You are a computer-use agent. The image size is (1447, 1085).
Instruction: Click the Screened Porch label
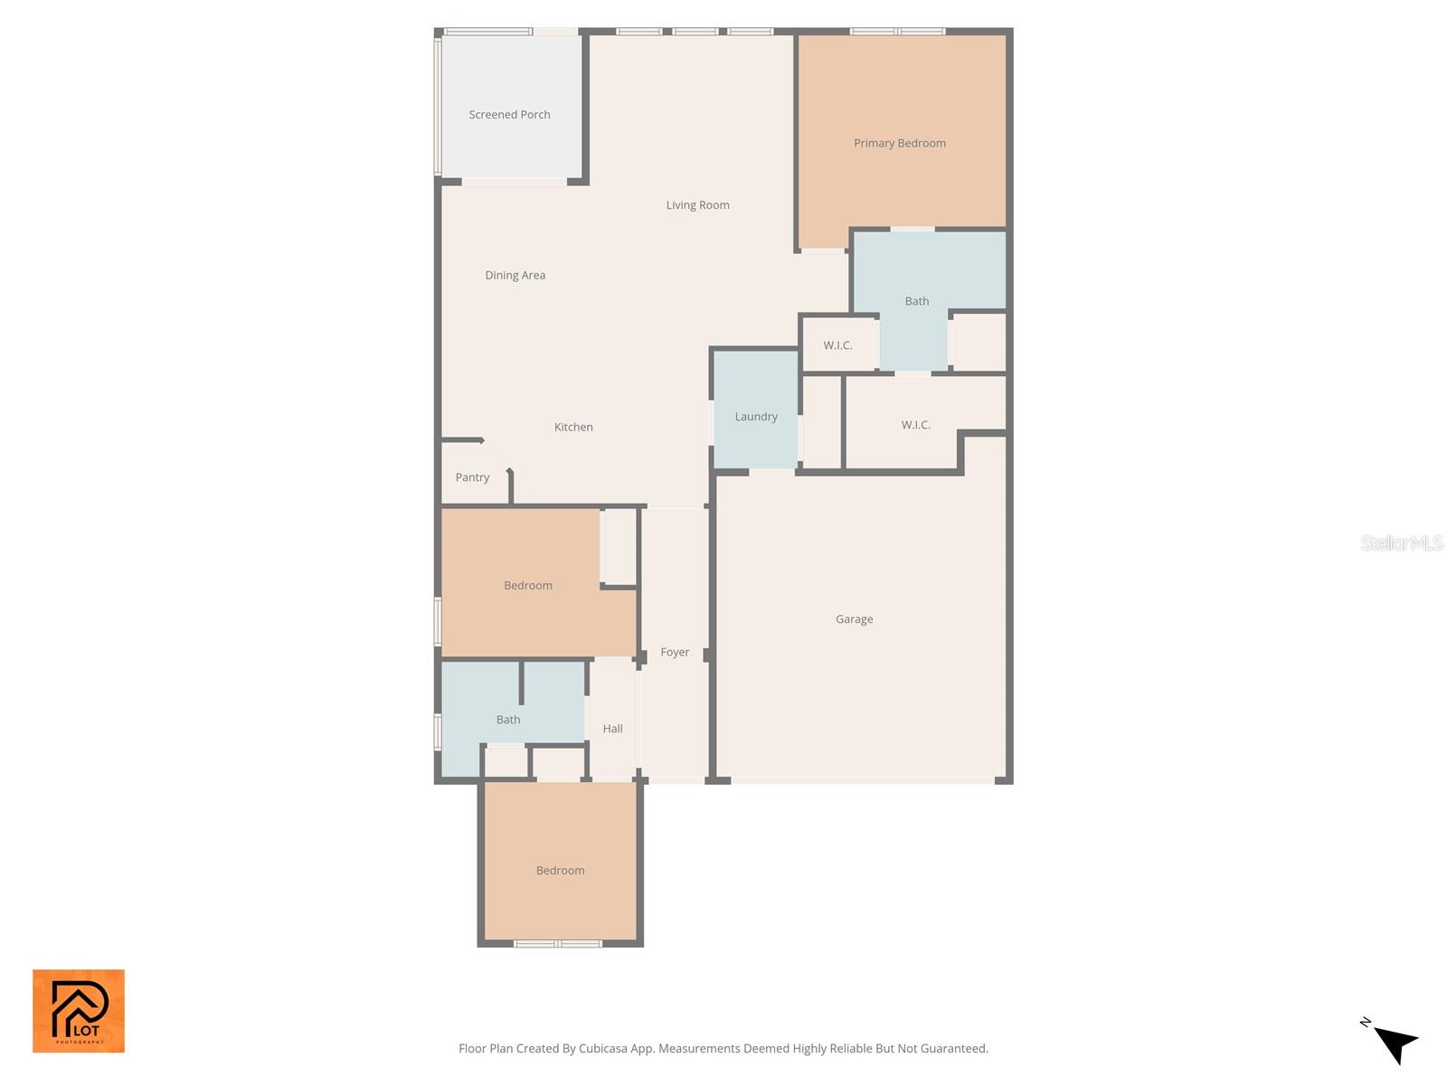pyautogui.click(x=509, y=115)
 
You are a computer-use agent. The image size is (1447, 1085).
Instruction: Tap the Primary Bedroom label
pyautogui.click(x=899, y=143)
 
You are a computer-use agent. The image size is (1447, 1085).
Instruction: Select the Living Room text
pyautogui.click(x=697, y=205)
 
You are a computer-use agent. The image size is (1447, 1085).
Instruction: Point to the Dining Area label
pyautogui.click(x=515, y=275)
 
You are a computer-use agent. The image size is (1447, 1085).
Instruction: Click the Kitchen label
pyautogui.click(x=573, y=427)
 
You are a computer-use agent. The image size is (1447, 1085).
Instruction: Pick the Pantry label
pyautogui.click(x=472, y=477)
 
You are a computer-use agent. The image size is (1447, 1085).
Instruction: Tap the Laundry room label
pyautogui.click(x=755, y=417)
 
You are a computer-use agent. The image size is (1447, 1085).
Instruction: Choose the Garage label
pyautogui.click(x=854, y=619)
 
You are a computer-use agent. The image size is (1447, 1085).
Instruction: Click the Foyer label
pyautogui.click(x=675, y=652)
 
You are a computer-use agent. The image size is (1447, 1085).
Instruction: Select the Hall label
pyautogui.click(x=612, y=729)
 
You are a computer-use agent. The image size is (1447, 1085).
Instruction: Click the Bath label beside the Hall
pyautogui.click(x=507, y=720)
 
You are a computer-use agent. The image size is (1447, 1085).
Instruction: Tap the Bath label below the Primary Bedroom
pyautogui.click(x=916, y=301)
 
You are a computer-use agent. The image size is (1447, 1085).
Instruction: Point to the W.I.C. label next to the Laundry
pyautogui.click(x=837, y=345)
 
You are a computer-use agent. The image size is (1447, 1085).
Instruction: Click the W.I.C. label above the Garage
pyautogui.click(x=915, y=425)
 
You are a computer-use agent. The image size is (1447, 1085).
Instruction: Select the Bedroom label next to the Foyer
pyautogui.click(x=527, y=586)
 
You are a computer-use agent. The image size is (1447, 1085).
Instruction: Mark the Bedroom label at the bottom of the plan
pyautogui.click(x=560, y=871)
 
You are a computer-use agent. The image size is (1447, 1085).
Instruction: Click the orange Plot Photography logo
pyautogui.click(x=79, y=1011)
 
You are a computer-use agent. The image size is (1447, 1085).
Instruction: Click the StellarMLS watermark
pyautogui.click(x=1401, y=542)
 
